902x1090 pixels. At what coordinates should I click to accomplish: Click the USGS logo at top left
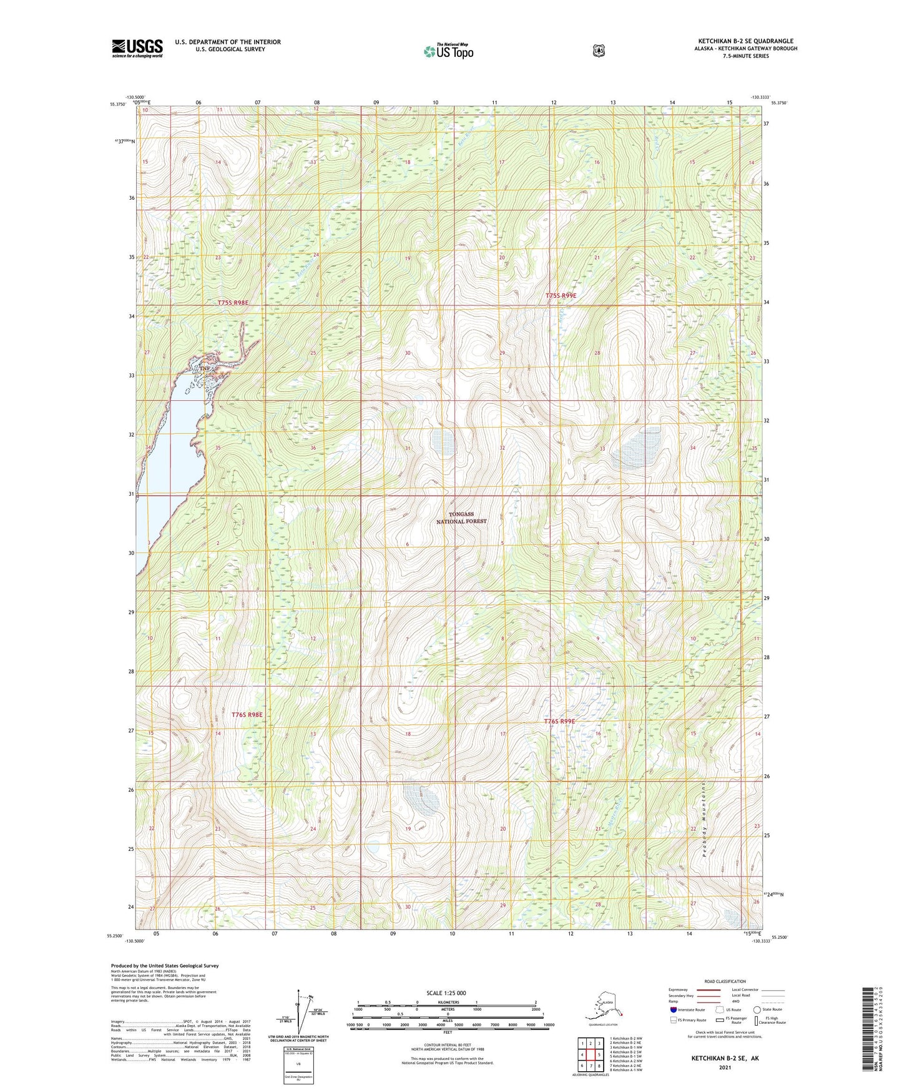pos(137,47)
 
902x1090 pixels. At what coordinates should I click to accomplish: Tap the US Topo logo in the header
pos(448,51)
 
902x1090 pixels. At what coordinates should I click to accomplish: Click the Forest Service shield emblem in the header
pos(599,51)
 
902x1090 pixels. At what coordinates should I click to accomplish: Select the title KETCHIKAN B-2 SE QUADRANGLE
pos(745,41)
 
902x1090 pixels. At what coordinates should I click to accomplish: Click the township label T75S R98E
pos(233,303)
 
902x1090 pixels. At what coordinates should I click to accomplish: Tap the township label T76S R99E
pos(559,721)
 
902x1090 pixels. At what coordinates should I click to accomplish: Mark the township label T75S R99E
pos(561,295)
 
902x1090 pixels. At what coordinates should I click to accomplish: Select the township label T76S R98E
pos(247,714)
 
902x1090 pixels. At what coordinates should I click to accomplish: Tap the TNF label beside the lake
pos(205,369)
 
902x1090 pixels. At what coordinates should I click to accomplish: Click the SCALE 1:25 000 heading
pos(446,993)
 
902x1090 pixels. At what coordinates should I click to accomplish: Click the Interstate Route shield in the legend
pos(673,1009)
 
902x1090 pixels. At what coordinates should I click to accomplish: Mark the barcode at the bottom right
pos(868,1028)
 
